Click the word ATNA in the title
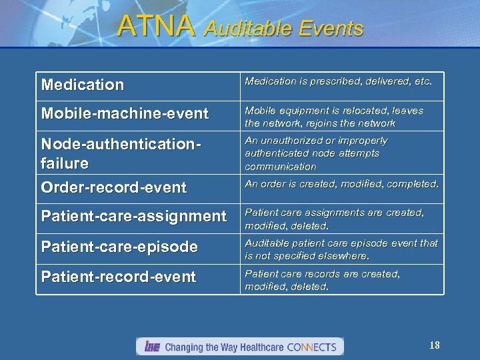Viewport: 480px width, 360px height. (x=156, y=26)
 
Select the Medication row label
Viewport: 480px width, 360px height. (x=83, y=85)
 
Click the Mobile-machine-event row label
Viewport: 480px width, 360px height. (x=125, y=114)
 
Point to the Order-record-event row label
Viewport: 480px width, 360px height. (x=114, y=188)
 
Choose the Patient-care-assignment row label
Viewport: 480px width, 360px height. (x=134, y=216)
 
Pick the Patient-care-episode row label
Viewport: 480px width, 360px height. (x=119, y=247)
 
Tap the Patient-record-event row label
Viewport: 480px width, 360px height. (x=119, y=277)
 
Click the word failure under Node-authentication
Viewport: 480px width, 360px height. (x=65, y=163)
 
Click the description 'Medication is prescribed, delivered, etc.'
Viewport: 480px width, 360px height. (x=338, y=81)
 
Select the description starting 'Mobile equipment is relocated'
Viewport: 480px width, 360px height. (x=333, y=117)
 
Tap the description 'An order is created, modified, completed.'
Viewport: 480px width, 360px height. (x=341, y=184)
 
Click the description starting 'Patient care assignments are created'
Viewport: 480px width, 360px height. (x=333, y=219)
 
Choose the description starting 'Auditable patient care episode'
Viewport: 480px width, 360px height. (x=341, y=249)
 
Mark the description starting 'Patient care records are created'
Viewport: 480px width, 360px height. (x=322, y=280)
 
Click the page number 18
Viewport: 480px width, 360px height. (x=435, y=345)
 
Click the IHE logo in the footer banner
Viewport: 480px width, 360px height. (x=151, y=347)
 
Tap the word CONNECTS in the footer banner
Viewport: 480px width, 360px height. (x=313, y=347)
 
